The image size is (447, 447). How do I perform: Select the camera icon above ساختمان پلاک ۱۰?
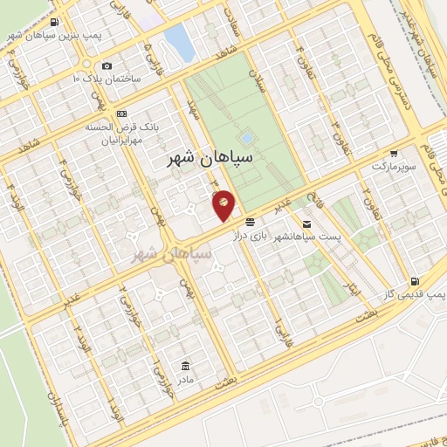pos(107,65)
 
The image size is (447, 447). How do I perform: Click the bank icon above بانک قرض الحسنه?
pos(120,113)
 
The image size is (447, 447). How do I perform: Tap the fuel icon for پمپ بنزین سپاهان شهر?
pos(55,22)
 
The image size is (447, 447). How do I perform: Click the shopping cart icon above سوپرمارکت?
pos(394,152)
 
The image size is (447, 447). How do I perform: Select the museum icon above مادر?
pos(184,365)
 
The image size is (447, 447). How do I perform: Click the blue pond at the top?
pos(179,41)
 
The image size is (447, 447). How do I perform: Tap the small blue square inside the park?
pos(247,138)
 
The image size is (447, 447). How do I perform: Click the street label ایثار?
pos(354,292)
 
